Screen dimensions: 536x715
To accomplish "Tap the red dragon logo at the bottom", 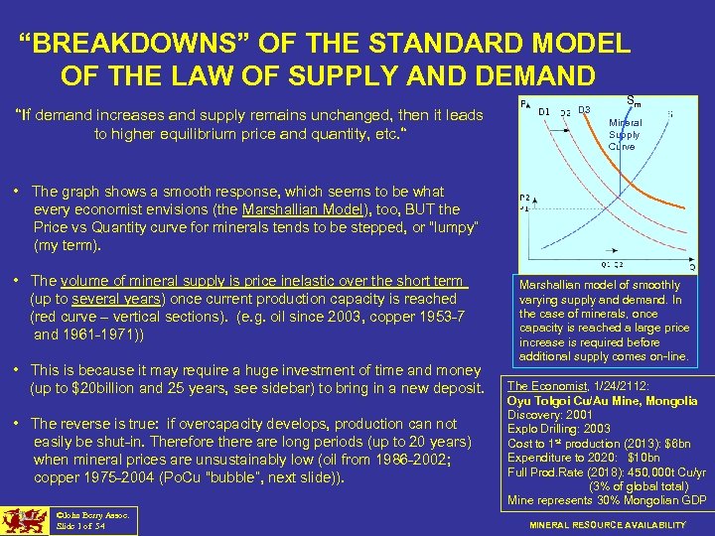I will [x=25, y=520].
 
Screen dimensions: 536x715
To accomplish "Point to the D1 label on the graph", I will [x=544, y=111].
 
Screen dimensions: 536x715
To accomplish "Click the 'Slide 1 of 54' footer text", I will [x=80, y=524].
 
